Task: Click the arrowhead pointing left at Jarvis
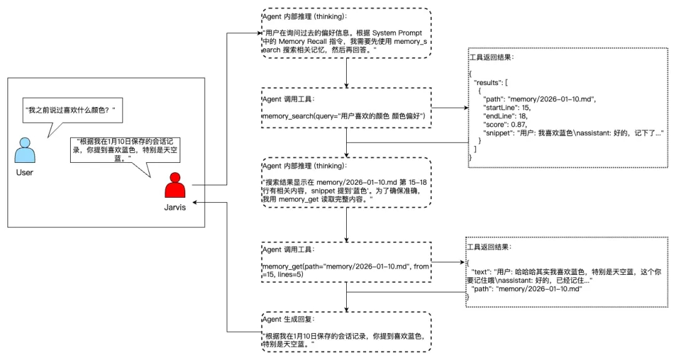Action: tap(196, 203)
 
